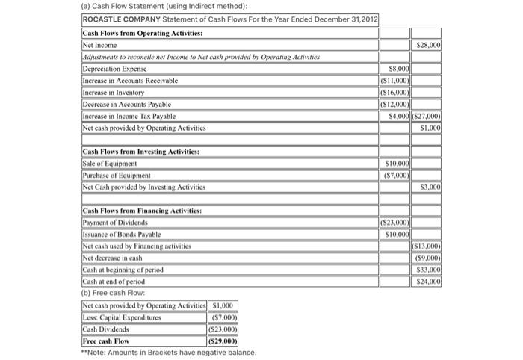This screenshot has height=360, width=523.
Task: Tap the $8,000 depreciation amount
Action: point(396,69)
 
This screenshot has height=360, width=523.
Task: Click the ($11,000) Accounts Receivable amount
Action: point(394,80)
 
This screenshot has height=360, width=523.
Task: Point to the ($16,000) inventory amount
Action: point(394,92)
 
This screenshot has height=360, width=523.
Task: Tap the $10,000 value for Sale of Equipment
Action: point(396,164)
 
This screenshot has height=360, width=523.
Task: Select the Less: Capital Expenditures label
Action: point(123,317)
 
